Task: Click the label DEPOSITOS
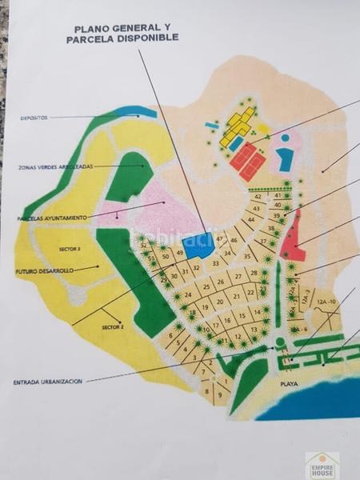[x=34, y=118]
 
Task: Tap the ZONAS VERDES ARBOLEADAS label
[x=55, y=166]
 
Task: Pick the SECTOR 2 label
[x=113, y=326]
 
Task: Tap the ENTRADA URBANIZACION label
[x=48, y=382]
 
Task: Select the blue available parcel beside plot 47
[x=198, y=245]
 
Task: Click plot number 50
[x=165, y=257]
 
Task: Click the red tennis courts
[x=248, y=160]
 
